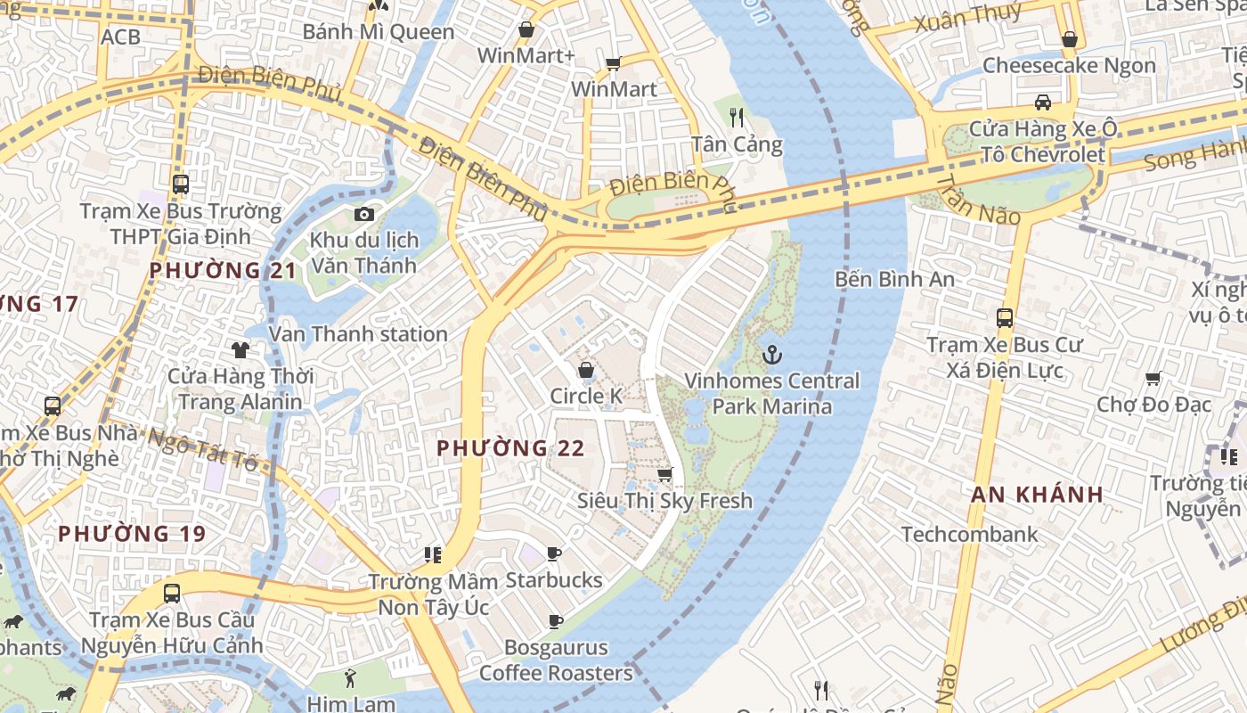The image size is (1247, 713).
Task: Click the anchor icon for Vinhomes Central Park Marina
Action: tap(772, 356)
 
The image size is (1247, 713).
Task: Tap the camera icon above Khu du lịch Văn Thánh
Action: tap(363, 214)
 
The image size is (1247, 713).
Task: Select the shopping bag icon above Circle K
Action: tap(586, 370)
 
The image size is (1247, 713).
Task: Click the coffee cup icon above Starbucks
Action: tap(554, 554)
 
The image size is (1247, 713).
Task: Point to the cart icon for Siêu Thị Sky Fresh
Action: tap(664, 474)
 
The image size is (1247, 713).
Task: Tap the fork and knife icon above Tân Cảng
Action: tap(736, 117)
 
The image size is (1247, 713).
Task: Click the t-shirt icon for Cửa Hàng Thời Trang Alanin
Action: tap(240, 349)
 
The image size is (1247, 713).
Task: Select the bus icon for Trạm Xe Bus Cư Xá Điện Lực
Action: tap(1005, 318)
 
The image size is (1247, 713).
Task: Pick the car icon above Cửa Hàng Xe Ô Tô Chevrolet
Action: tap(1042, 102)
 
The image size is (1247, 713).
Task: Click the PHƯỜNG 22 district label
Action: tap(510, 448)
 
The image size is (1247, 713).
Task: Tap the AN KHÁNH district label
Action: tap(1037, 495)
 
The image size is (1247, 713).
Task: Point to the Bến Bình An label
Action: tap(894, 279)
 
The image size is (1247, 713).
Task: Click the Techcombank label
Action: tap(969, 535)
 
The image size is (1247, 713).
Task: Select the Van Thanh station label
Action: tap(358, 334)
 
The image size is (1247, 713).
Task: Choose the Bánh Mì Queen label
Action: tap(379, 32)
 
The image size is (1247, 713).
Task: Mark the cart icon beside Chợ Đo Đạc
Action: tap(1153, 379)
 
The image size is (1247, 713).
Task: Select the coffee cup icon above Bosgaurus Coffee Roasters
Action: tap(556, 621)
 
